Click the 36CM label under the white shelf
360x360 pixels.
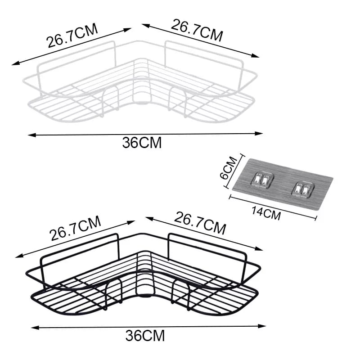click(141, 143)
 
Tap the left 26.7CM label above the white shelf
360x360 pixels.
click(72, 36)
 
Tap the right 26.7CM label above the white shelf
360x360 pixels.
click(196, 30)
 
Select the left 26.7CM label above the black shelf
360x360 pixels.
click(75, 229)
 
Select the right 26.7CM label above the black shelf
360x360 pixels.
click(200, 224)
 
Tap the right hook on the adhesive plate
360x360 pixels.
click(301, 189)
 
